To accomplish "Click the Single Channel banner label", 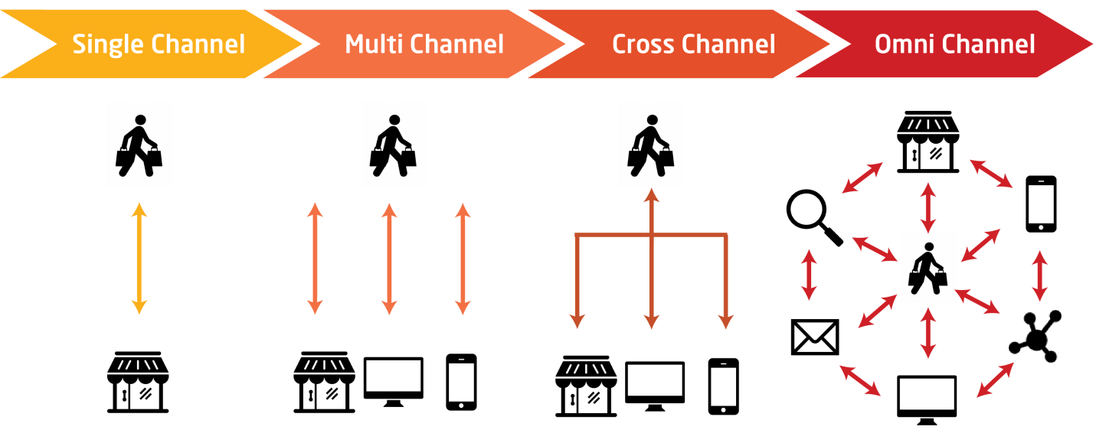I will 159,44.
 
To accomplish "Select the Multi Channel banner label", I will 424,44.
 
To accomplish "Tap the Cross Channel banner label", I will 693,44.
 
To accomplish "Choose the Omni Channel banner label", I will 954,44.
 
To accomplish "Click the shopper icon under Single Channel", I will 139,145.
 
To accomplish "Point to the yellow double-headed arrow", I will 139,259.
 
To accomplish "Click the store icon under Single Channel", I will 138,383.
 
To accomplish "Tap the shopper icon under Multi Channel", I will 393,145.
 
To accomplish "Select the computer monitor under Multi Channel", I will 393,381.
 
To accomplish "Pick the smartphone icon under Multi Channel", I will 461,382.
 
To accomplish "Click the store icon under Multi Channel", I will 324,383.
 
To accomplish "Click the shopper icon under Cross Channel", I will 650,145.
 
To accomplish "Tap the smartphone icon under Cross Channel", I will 724,386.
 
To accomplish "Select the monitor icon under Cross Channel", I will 656,386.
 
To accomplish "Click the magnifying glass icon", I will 813,218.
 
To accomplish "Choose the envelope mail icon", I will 815,337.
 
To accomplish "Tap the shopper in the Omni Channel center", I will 928,268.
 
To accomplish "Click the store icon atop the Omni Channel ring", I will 928,142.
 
